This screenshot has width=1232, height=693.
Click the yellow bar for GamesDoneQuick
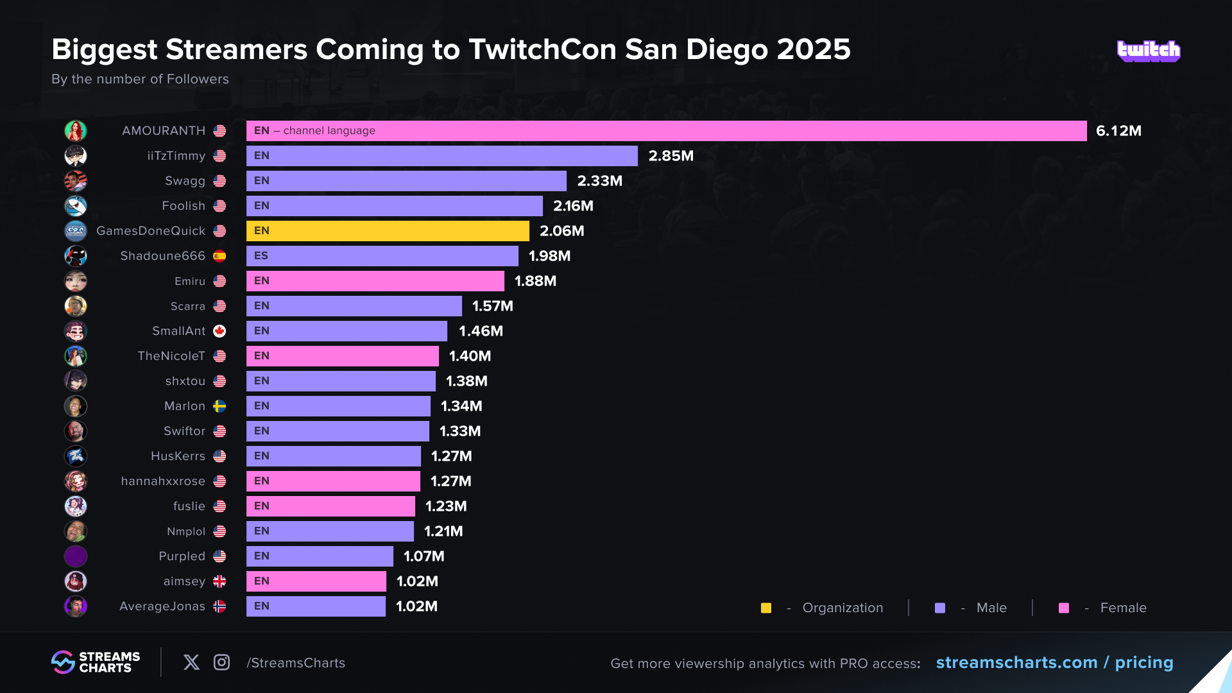(388, 231)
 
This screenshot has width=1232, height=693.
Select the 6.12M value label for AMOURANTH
(1118, 131)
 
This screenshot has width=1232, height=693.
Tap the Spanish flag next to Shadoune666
(219, 256)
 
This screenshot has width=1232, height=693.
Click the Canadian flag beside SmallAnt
(219, 331)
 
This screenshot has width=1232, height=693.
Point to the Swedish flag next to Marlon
(219, 406)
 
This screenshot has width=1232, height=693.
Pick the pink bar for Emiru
(375, 281)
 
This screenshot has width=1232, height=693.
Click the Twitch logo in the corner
(1149, 51)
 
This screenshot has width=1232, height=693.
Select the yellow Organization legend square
(766, 608)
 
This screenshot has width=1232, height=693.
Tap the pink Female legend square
(1064, 608)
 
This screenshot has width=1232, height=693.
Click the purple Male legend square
(940, 608)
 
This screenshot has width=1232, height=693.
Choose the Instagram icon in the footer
(221, 662)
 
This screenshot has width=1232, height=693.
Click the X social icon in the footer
(191, 662)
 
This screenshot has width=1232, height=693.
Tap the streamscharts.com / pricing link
(1054, 662)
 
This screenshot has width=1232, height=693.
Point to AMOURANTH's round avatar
(76, 131)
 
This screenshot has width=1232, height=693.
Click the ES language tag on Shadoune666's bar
(261, 256)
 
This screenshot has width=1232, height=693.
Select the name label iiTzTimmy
(176, 156)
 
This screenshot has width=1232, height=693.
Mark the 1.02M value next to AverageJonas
(416, 606)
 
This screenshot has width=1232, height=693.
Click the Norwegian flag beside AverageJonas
(219, 606)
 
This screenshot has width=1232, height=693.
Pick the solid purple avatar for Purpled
(76, 556)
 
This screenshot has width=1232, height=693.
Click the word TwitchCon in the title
(543, 49)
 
